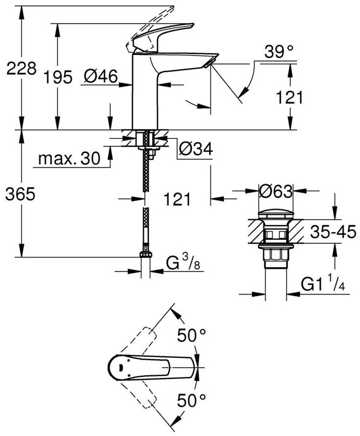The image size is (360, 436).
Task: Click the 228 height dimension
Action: point(21,68)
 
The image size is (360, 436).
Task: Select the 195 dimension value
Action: point(57,76)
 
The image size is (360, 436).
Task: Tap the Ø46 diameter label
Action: point(100,76)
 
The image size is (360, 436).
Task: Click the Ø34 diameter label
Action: point(195,150)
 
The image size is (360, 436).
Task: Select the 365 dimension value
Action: point(21,194)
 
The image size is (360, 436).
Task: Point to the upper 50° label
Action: point(192,336)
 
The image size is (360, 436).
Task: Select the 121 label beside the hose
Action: point(178,199)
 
